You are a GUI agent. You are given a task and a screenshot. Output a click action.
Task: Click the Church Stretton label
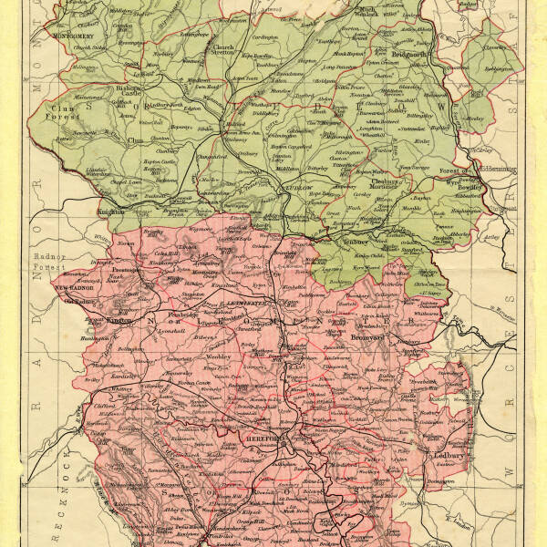tap(223, 50)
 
